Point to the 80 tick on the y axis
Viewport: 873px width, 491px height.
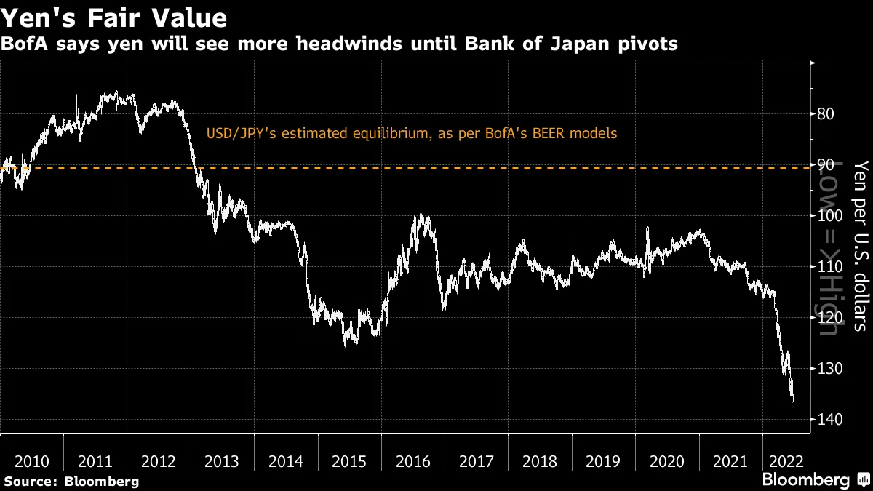(825, 114)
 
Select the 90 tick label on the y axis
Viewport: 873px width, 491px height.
(825, 165)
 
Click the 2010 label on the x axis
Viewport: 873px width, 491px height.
(32, 462)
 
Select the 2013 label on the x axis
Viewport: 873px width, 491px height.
(223, 462)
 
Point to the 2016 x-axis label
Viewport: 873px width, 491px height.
(413, 462)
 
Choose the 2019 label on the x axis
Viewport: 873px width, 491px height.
(604, 462)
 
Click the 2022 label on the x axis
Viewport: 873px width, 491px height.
(786, 462)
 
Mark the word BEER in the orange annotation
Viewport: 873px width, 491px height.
(559, 134)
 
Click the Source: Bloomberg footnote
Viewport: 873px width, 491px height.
(71, 481)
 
